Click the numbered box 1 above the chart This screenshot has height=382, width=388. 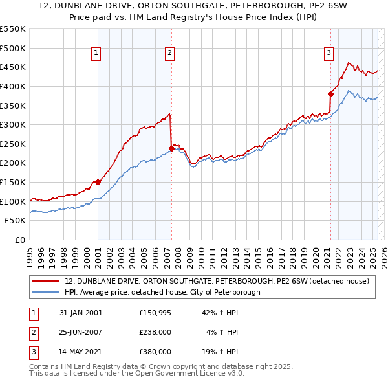[x=96, y=54]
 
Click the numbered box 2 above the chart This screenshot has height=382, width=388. [x=169, y=54]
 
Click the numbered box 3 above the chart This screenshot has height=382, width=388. [x=329, y=54]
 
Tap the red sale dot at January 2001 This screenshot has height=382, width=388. [x=98, y=182]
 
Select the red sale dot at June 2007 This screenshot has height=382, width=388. [x=171, y=148]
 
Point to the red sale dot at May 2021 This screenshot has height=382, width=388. [x=330, y=93]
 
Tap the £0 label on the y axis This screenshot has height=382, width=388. [x=19, y=240]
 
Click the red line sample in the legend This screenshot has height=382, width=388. [x=45, y=282]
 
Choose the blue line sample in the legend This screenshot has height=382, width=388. [x=45, y=293]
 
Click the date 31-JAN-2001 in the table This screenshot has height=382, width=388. [x=80, y=313]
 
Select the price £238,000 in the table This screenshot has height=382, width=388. [x=155, y=332]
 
